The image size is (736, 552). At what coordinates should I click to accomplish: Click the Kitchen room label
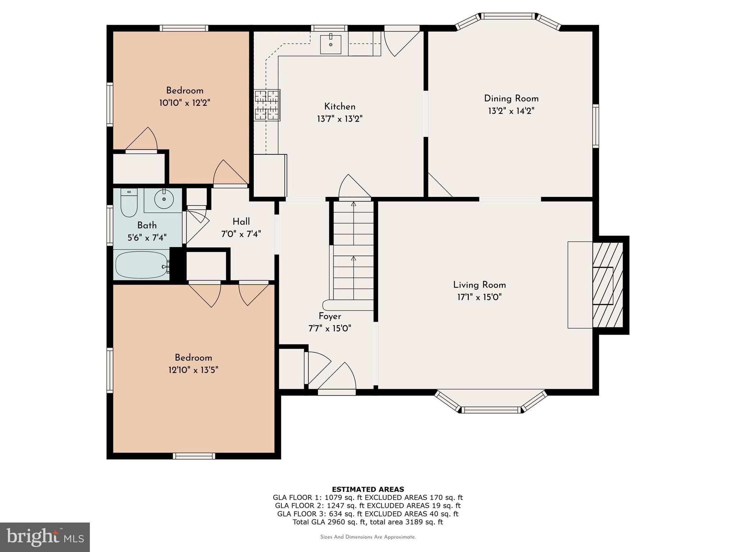point(340,106)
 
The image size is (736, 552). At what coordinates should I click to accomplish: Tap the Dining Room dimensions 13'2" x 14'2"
point(511,111)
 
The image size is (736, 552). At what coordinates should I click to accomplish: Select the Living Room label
point(479,285)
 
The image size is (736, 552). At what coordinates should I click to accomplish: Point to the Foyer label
point(330,316)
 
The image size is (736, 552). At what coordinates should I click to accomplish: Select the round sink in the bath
point(164,199)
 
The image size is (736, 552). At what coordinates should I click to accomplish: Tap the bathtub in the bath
point(142,265)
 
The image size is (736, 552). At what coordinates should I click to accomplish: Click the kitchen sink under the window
point(331,44)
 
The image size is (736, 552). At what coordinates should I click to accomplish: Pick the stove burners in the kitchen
point(267,105)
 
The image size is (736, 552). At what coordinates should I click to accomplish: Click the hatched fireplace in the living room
point(607,285)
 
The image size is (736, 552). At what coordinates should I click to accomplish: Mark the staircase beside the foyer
point(354,252)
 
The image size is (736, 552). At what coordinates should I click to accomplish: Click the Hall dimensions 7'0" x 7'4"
point(241,234)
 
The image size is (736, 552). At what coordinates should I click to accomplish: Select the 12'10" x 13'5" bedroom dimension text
point(193,370)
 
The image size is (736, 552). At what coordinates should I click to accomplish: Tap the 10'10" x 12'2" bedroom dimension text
point(184,103)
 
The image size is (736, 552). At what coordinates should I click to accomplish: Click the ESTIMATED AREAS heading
point(368,489)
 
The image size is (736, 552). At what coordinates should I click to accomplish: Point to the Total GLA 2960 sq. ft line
point(368,522)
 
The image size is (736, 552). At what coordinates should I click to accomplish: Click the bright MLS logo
point(45,537)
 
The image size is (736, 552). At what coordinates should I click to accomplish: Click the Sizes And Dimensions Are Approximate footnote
point(368,537)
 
